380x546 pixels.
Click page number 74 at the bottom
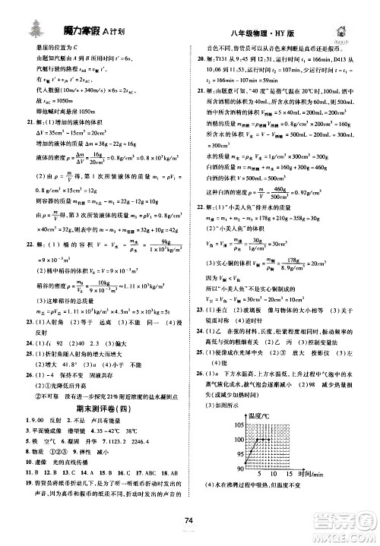point(188,521)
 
